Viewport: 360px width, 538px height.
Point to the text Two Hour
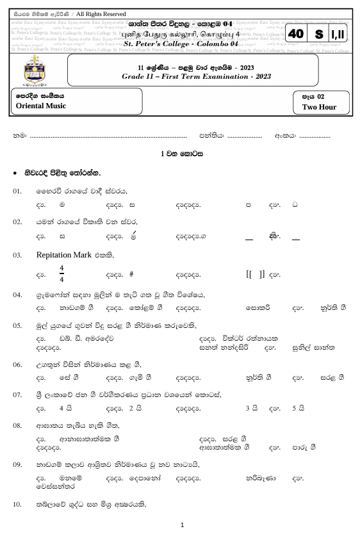(319, 107)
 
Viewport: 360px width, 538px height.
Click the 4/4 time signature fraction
(61, 273)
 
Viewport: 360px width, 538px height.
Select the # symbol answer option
(131, 273)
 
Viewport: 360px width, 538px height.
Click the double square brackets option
(256, 273)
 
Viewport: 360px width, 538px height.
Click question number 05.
(18, 327)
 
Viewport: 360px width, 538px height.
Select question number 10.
(18, 505)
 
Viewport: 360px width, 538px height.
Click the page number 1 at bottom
(183, 525)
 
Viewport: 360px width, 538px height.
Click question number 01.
(18, 192)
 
